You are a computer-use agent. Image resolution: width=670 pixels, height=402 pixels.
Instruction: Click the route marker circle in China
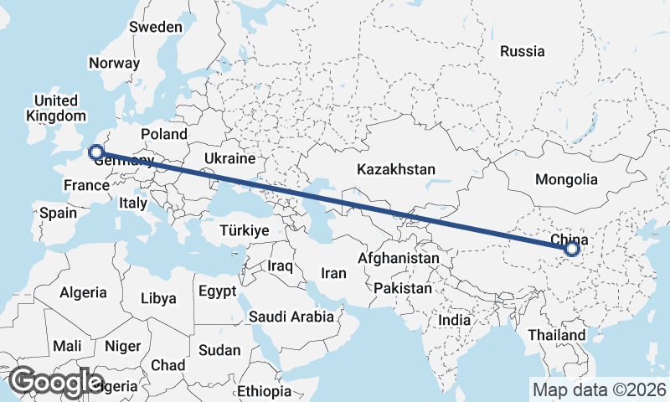point(572,249)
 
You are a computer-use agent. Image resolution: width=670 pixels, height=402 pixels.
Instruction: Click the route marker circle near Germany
point(95,152)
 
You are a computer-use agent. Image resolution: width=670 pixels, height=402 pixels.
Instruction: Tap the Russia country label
point(522,51)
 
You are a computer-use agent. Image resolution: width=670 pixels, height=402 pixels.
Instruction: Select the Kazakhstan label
point(395,169)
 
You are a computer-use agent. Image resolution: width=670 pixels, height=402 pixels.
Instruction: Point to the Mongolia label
point(567,179)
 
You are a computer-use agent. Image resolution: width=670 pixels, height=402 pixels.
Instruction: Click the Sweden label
point(155,27)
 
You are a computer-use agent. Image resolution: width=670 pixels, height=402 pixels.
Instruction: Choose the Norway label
point(114,64)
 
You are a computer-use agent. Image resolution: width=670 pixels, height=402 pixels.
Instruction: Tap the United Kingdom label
point(56,107)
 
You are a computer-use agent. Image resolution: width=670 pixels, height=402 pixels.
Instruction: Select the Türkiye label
point(244,230)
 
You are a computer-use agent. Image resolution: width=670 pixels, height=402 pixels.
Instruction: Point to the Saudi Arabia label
point(291,317)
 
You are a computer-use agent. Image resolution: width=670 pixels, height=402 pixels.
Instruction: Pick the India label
point(455,320)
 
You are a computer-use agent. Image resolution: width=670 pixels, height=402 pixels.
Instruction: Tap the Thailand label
point(557,335)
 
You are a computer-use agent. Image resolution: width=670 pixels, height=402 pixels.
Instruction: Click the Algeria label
point(83,292)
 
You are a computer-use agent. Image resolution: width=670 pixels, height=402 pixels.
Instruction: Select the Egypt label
point(219,291)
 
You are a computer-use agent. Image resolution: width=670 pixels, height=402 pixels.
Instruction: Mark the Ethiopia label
point(264,391)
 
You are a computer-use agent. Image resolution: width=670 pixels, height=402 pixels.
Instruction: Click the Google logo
point(56,382)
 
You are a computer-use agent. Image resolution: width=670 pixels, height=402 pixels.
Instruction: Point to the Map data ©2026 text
point(599,389)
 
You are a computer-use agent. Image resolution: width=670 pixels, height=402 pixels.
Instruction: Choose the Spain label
point(59,213)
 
